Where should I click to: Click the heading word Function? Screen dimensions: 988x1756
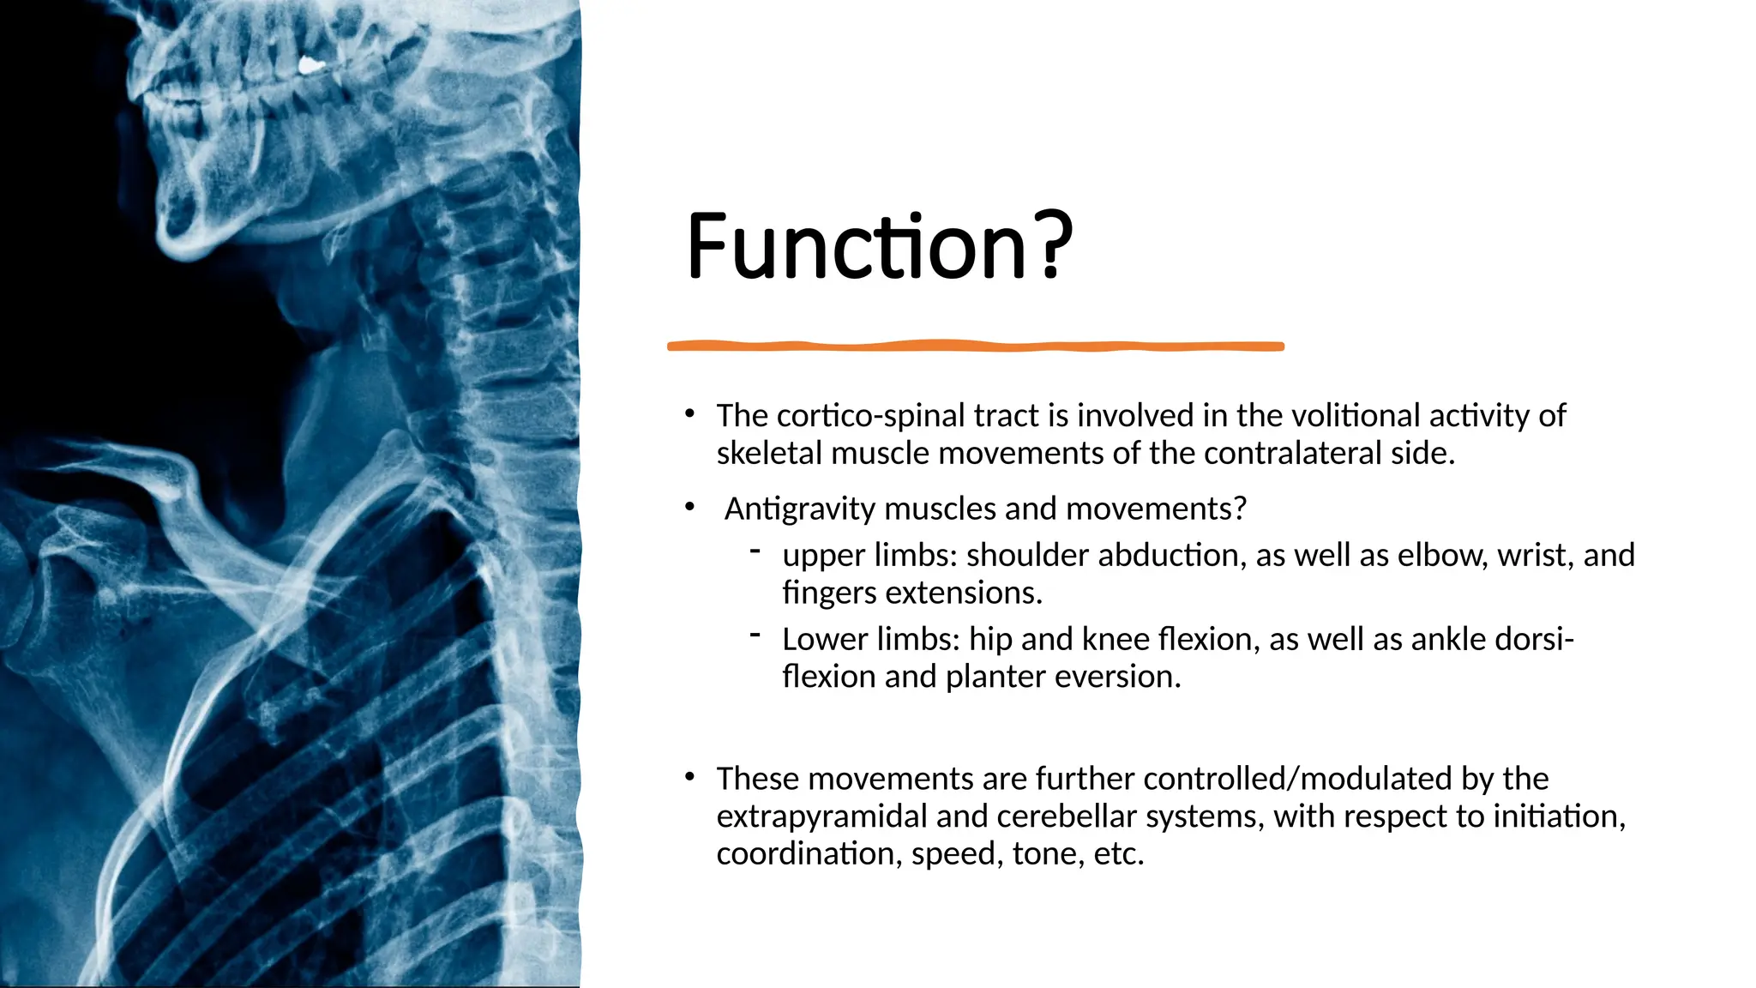click(x=879, y=247)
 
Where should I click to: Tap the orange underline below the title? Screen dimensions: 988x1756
click(x=975, y=346)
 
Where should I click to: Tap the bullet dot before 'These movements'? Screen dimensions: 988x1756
click(x=689, y=777)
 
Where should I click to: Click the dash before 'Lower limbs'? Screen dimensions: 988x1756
click(x=755, y=635)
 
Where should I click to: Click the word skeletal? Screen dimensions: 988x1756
click(x=769, y=454)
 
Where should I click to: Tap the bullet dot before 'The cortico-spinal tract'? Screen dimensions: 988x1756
click(x=689, y=414)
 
